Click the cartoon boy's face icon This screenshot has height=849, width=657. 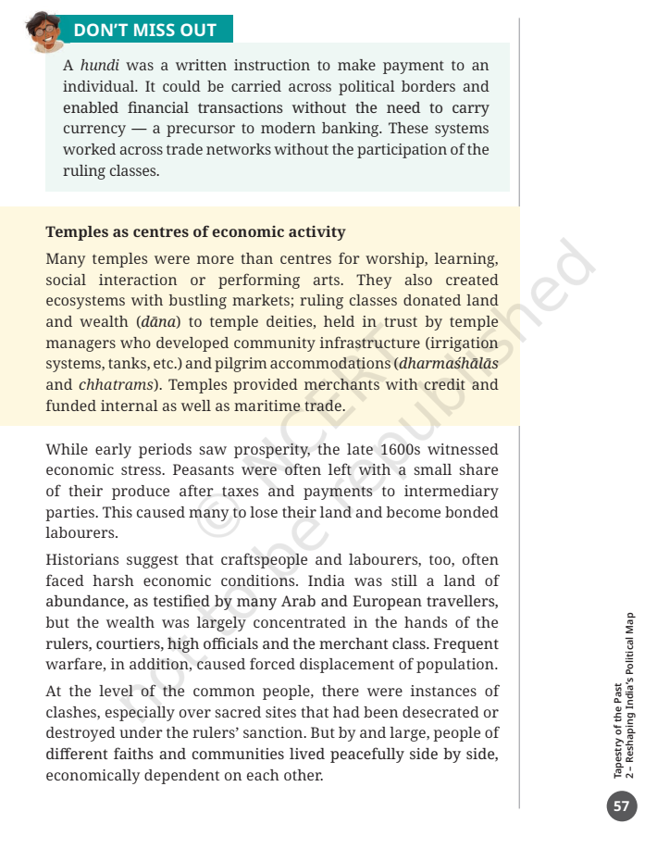pyautogui.click(x=44, y=31)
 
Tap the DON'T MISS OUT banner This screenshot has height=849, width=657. pyautogui.click(x=144, y=30)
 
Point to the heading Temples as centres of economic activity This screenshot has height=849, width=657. pyautogui.click(x=195, y=231)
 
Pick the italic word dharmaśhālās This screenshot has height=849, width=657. pyautogui.click(x=449, y=364)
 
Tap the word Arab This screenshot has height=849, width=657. pyautogui.click(x=318, y=602)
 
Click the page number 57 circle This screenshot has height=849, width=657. pyautogui.click(x=621, y=806)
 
